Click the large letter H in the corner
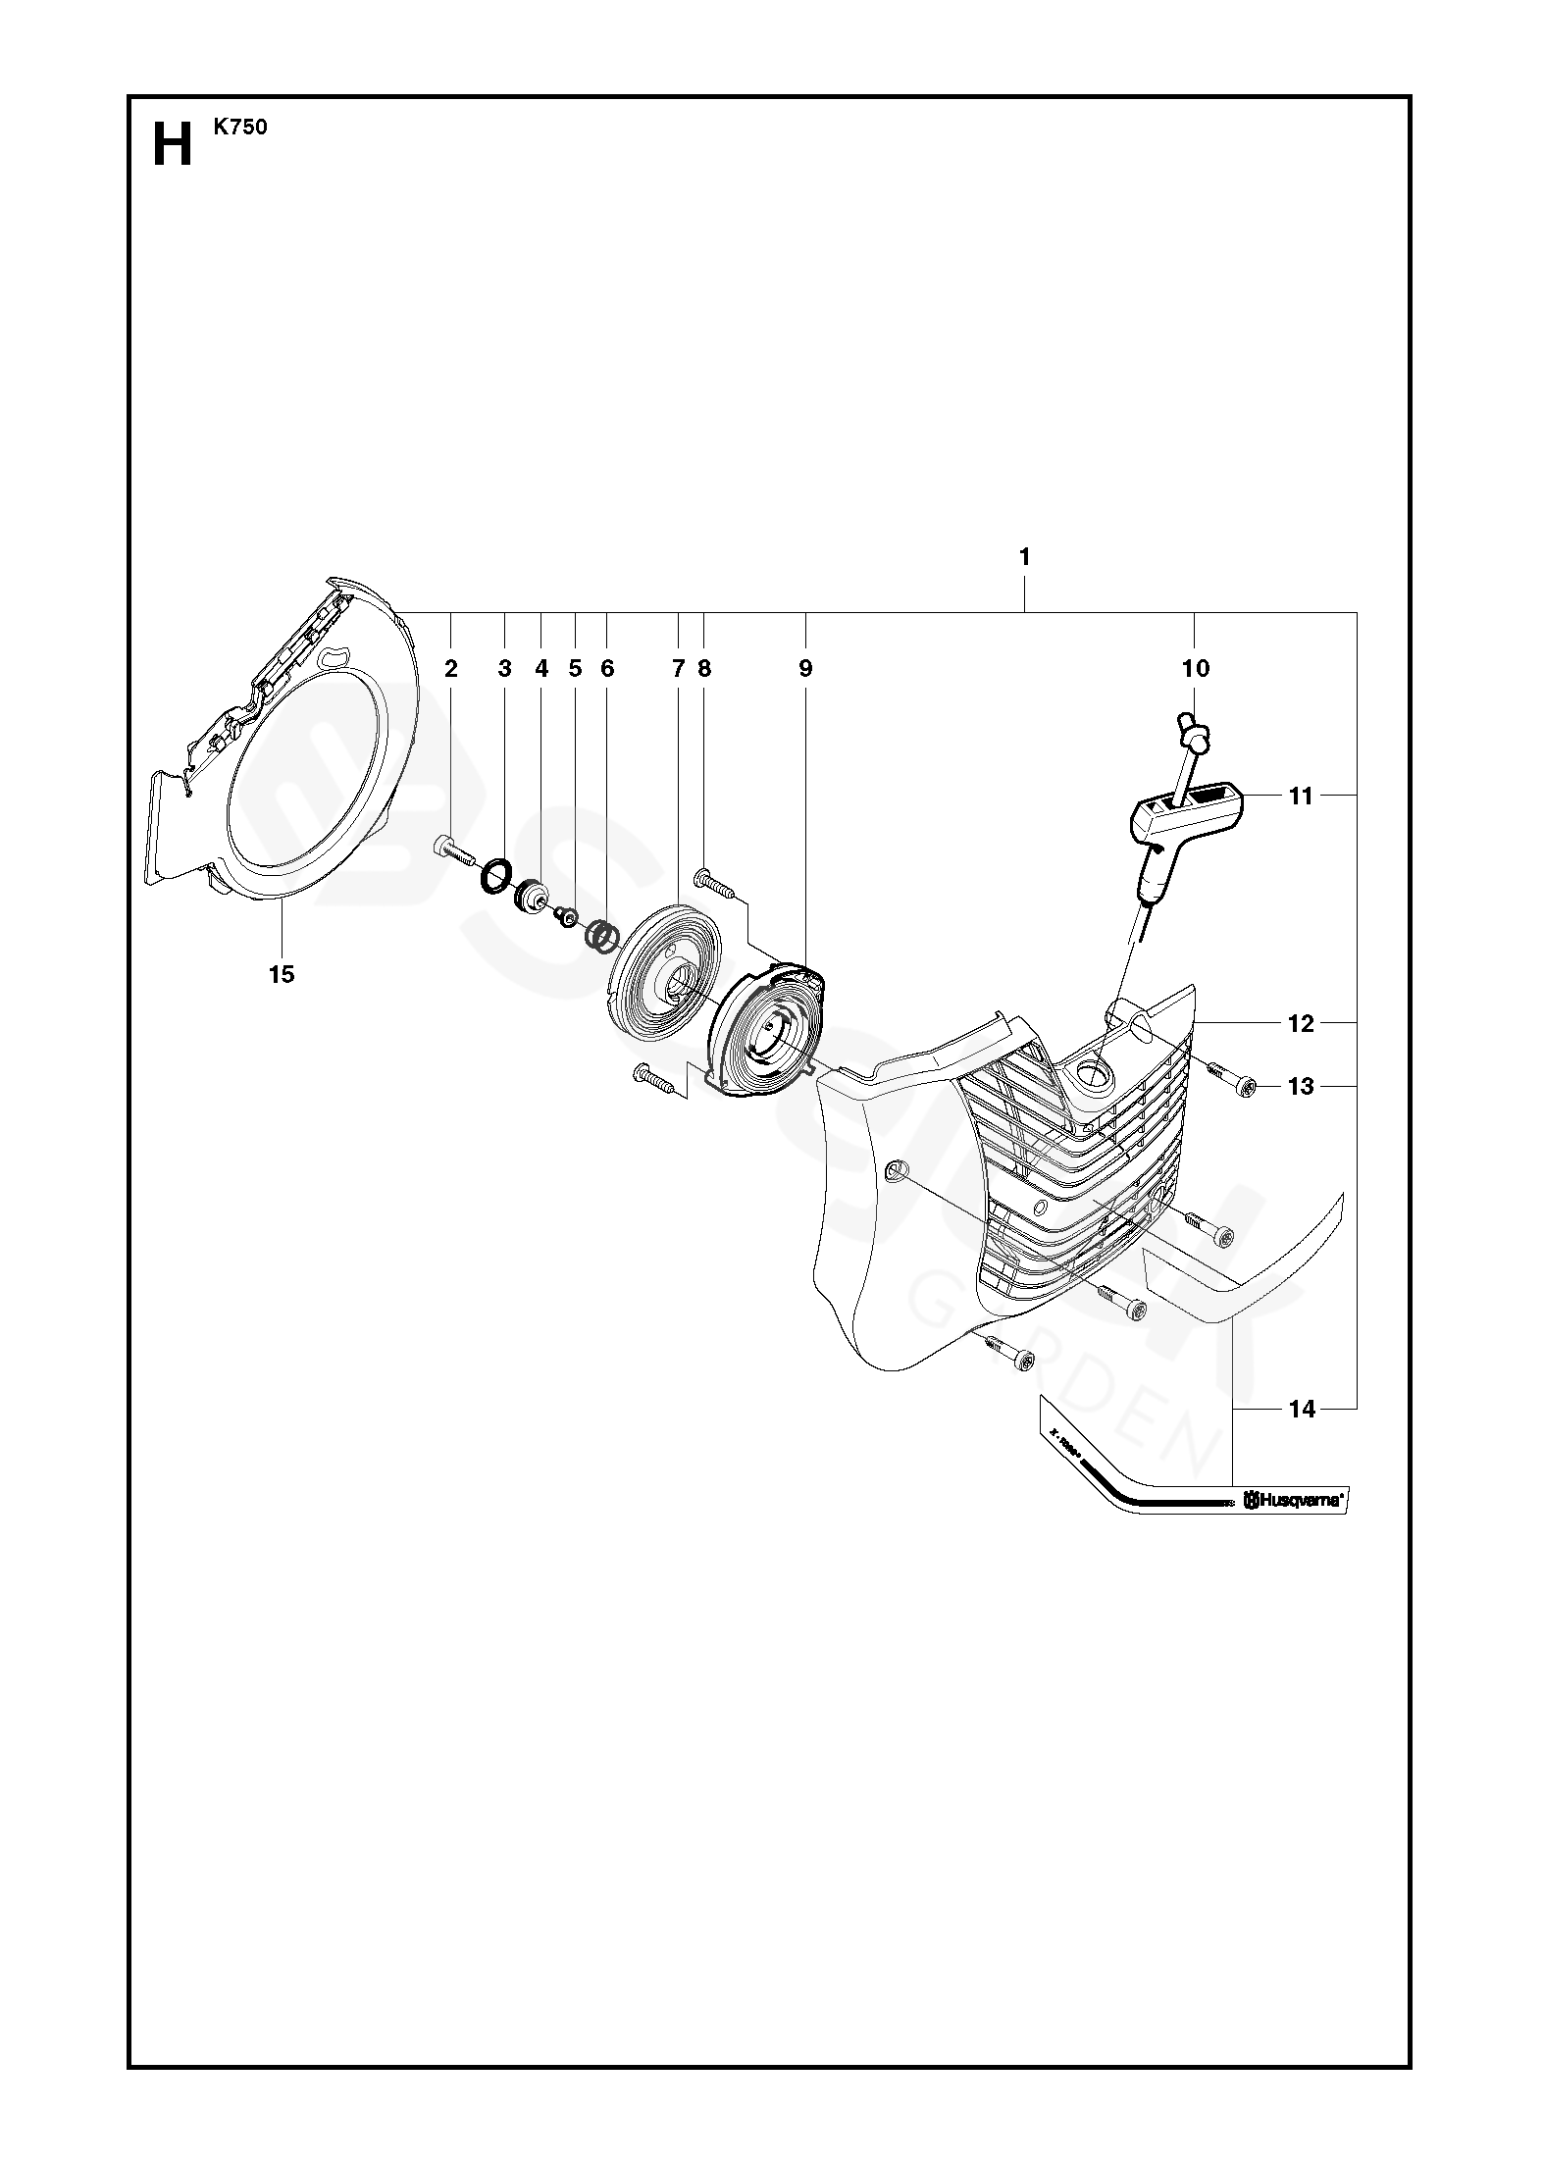(172, 145)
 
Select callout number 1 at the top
(1024, 557)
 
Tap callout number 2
(450, 669)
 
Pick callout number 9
(805, 669)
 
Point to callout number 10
(1196, 669)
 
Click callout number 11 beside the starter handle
(1300, 797)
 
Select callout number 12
(1300, 1024)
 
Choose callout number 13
(1300, 1087)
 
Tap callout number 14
(1301, 1410)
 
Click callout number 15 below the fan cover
(282, 974)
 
